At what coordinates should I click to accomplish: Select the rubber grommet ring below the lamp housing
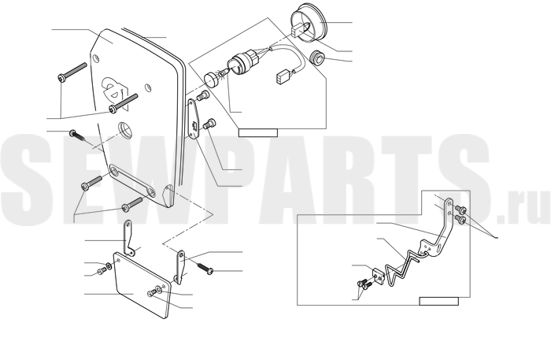317,58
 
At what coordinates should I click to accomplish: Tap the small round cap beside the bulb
212,79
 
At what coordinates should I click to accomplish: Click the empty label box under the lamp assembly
258,133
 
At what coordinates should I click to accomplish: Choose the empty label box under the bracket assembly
439,301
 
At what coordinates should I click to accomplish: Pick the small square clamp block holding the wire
378,275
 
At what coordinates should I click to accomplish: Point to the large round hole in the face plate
125,129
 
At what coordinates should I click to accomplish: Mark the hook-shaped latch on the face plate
113,89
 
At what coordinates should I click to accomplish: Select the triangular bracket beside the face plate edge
193,118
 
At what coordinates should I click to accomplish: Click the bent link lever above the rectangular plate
128,238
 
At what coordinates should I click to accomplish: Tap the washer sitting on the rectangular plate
159,290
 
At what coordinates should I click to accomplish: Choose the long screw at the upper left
72,72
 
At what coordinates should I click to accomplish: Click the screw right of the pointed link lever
205,268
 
